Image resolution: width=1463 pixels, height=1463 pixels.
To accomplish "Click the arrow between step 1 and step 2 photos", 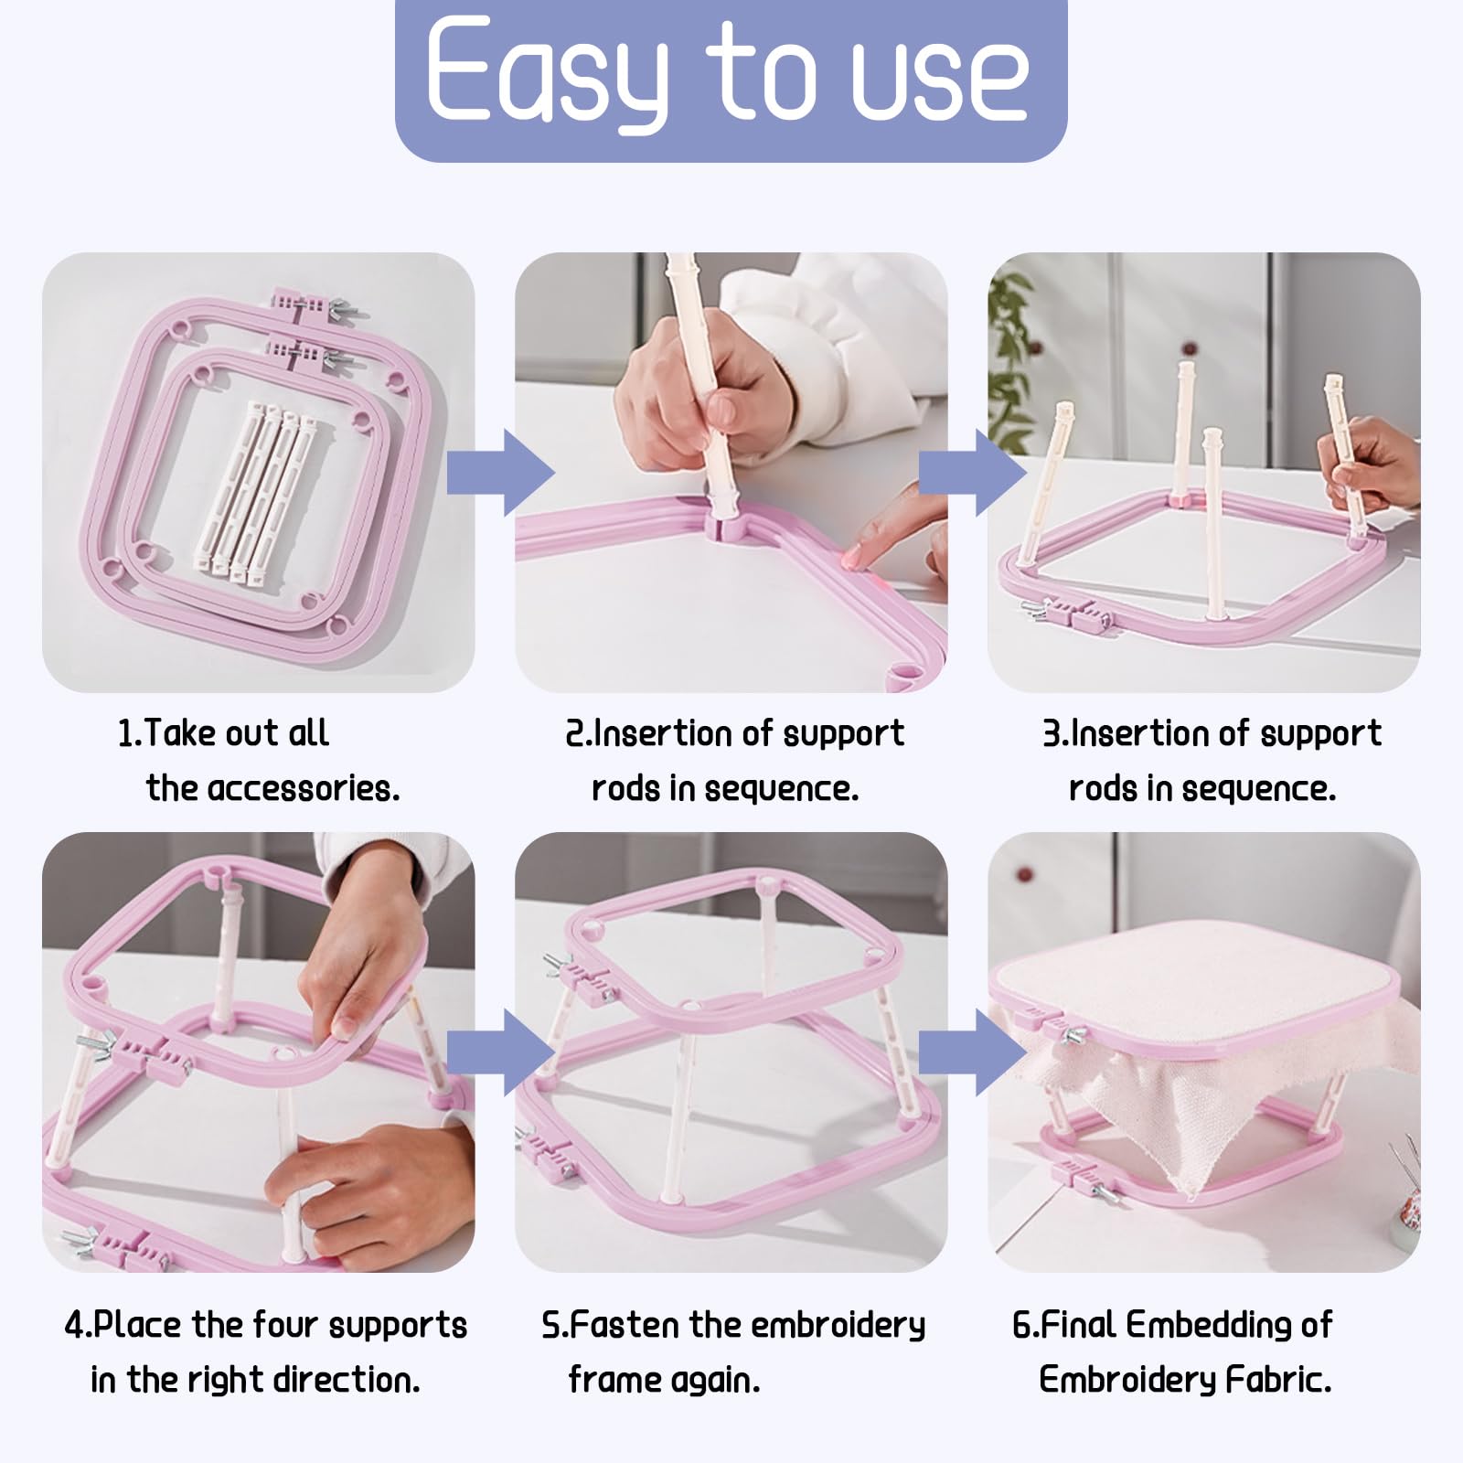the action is pyautogui.click(x=501, y=473).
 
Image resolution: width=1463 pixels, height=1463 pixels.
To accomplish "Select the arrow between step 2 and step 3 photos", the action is pyautogui.click(x=973, y=473).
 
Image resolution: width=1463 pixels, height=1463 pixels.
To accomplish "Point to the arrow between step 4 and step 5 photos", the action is pyautogui.click(x=501, y=1052).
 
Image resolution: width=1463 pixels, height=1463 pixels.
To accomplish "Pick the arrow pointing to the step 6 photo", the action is pyautogui.click(x=973, y=1052).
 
